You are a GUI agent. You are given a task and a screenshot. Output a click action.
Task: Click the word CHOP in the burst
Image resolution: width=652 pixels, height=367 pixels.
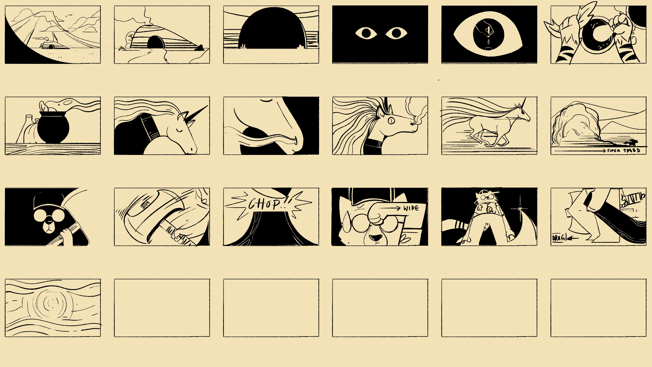point(265,204)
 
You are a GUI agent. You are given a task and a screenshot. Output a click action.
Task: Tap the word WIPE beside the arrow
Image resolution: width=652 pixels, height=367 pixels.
point(411,208)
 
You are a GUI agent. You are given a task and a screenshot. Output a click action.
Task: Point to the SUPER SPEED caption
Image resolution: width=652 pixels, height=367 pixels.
point(623,150)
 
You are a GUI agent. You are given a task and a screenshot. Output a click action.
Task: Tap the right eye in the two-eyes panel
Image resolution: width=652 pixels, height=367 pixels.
point(396,33)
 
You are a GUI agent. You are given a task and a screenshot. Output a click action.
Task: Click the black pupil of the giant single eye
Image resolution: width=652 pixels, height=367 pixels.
point(488,34)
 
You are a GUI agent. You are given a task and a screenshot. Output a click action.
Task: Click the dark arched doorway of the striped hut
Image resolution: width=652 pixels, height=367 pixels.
point(156,42)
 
